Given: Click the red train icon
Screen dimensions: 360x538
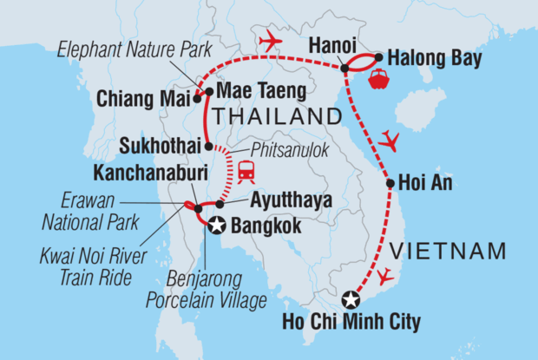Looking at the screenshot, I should [x=246, y=173].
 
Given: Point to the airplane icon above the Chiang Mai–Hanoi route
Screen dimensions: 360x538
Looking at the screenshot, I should [x=270, y=41].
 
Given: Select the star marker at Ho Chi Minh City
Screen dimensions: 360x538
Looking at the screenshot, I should [x=350, y=300].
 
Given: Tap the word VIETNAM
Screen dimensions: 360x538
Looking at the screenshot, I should [x=448, y=252].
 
